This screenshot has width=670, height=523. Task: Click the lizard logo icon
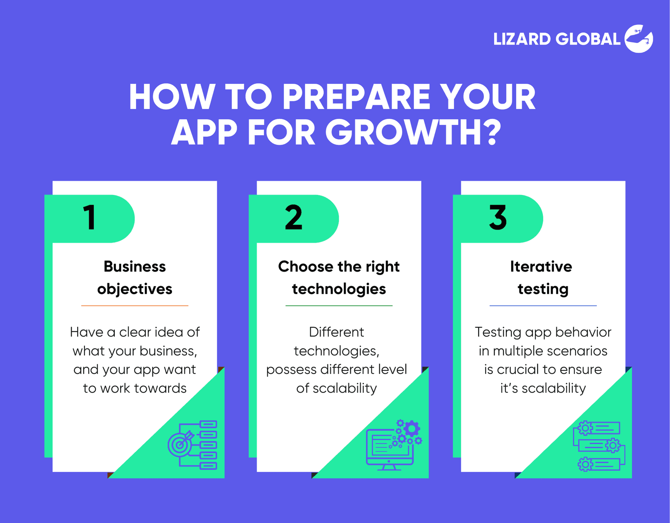coord(639,39)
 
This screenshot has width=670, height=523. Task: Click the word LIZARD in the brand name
coord(522,39)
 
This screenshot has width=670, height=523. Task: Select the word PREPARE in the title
coord(356,97)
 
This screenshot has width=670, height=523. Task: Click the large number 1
coord(90,217)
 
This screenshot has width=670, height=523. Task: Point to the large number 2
coord(294,217)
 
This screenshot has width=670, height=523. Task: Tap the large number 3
coord(498,217)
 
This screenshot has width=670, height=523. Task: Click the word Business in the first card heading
coord(135,266)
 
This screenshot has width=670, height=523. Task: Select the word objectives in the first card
coord(135,289)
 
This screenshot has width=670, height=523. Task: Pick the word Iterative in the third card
coord(541,266)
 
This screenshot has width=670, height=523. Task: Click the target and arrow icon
coord(181,444)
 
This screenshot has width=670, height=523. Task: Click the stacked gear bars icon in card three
coord(599,446)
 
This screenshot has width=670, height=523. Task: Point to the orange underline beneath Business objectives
coord(135,306)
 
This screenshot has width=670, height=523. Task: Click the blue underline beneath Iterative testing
coord(543,306)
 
